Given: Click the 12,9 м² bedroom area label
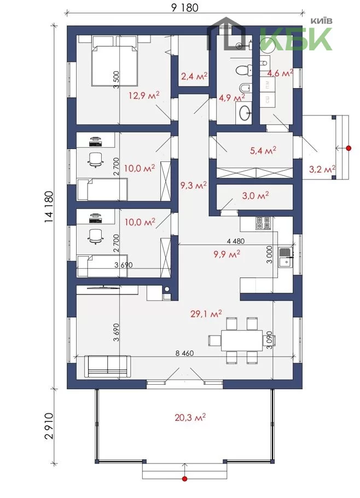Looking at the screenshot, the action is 144,95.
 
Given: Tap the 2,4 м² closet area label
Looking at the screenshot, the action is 194,76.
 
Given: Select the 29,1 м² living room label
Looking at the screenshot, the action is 206,314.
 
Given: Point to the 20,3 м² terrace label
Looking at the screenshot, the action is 190,418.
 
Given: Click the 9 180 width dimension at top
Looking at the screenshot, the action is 184,7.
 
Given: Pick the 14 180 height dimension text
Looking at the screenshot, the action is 49,207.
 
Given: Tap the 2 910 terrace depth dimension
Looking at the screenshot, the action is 49,426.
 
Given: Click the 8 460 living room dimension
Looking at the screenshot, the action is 184,353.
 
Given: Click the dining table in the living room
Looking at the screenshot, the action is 242,340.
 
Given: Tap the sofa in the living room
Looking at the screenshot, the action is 108,367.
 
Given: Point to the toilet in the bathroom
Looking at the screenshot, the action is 245,70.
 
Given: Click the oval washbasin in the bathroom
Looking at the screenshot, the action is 245,113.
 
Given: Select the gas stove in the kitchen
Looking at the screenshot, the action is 263,223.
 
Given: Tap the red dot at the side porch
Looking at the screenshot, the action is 349,148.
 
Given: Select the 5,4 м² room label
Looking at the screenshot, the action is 263,150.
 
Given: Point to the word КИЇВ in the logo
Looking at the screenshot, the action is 321,21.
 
